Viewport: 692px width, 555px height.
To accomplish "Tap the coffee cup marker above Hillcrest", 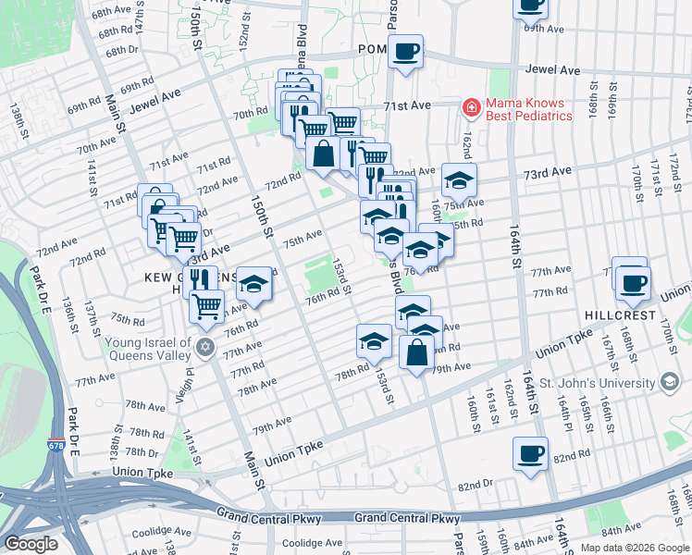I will (x=634, y=282).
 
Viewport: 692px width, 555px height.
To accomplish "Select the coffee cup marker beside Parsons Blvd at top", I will (x=405, y=51).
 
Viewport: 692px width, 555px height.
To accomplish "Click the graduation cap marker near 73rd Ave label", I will (x=458, y=179).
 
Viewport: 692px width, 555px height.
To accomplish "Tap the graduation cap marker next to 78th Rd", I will (x=374, y=340).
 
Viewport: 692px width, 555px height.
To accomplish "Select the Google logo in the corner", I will (x=31, y=544).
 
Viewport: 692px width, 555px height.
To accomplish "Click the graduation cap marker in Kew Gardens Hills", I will (x=254, y=284).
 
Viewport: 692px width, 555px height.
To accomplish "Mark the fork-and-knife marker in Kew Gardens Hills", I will (x=199, y=280).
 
